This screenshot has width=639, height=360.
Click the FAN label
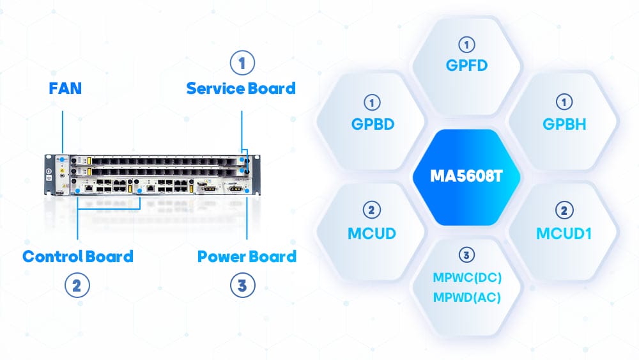(65, 88)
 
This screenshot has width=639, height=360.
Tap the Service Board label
(241, 88)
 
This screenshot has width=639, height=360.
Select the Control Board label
(78, 256)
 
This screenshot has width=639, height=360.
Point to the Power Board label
(247, 256)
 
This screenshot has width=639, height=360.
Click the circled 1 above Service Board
(242, 63)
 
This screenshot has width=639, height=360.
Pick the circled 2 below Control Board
(77, 285)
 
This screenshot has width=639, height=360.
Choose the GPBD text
(372, 123)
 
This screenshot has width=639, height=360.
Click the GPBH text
(564, 123)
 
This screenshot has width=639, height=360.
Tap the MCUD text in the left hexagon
(372, 233)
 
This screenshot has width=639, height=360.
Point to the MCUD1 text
(564, 233)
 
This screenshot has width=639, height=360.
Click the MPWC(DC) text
(467, 279)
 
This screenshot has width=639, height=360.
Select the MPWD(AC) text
(467, 297)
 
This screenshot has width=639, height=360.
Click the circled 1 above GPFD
(467, 44)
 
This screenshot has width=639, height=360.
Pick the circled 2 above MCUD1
(564, 210)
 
